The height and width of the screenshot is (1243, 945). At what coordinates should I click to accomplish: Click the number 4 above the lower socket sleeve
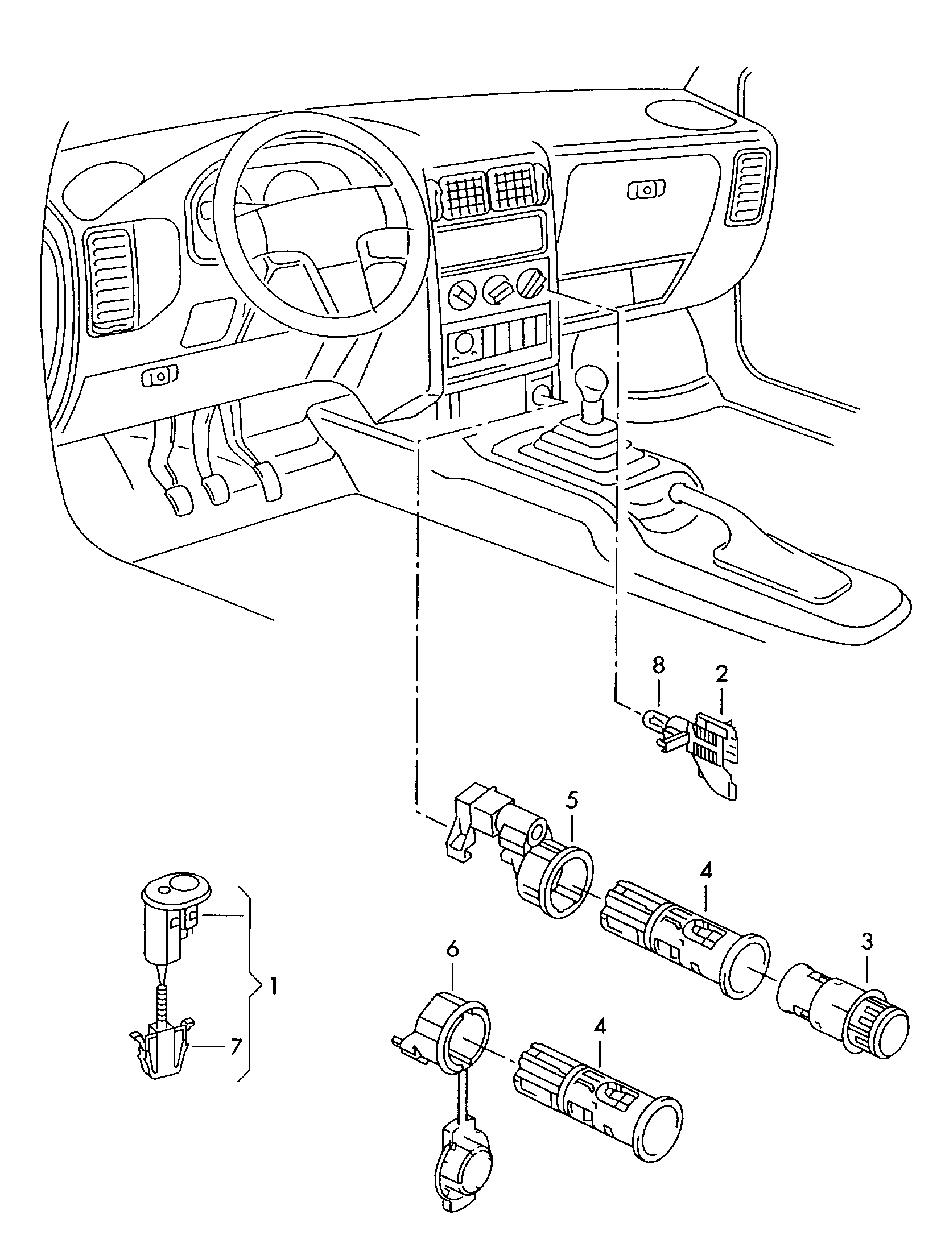point(601,1026)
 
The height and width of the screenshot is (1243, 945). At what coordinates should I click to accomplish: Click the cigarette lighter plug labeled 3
point(843,1011)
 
